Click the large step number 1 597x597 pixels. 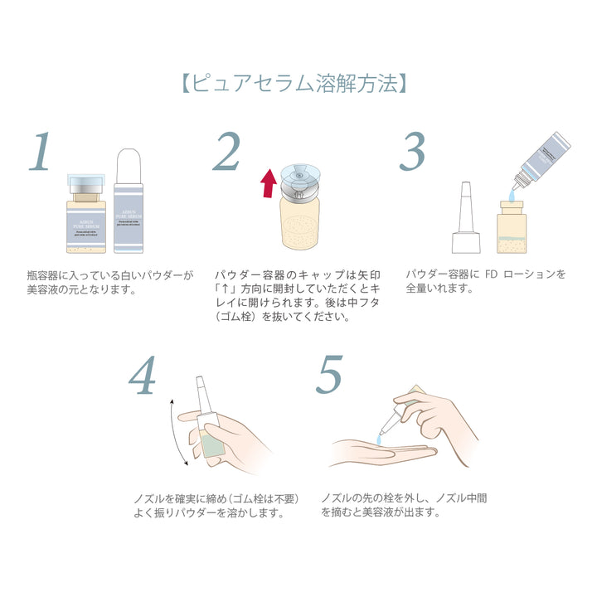coord(42,151)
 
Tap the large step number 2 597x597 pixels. coord(225,151)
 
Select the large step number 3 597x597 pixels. coord(412,151)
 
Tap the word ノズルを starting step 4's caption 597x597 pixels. coord(153,498)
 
